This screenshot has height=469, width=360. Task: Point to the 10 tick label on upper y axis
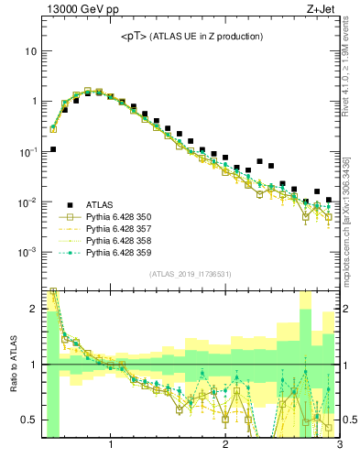point(31,51)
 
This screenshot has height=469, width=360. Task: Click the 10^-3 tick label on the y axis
point(28,252)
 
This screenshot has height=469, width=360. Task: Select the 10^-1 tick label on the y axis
point(28,151)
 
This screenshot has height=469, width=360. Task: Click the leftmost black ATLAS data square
point(53,148)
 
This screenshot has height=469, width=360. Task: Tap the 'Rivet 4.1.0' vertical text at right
point(352,55)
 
